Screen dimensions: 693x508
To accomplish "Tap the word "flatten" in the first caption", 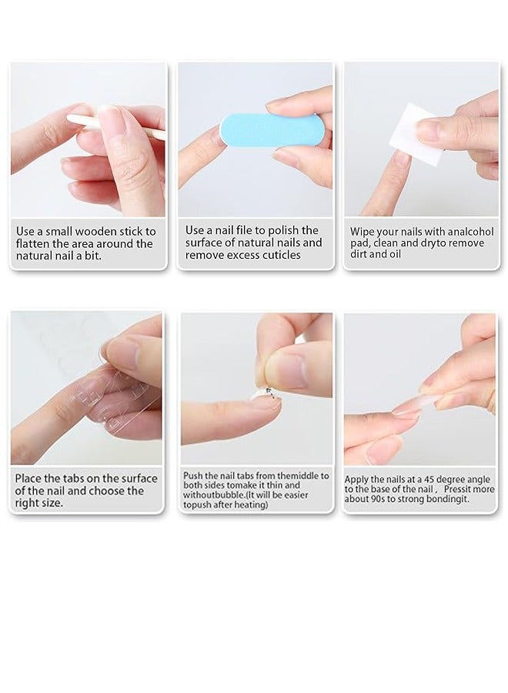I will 35,244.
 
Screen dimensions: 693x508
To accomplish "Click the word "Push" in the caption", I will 193,476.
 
